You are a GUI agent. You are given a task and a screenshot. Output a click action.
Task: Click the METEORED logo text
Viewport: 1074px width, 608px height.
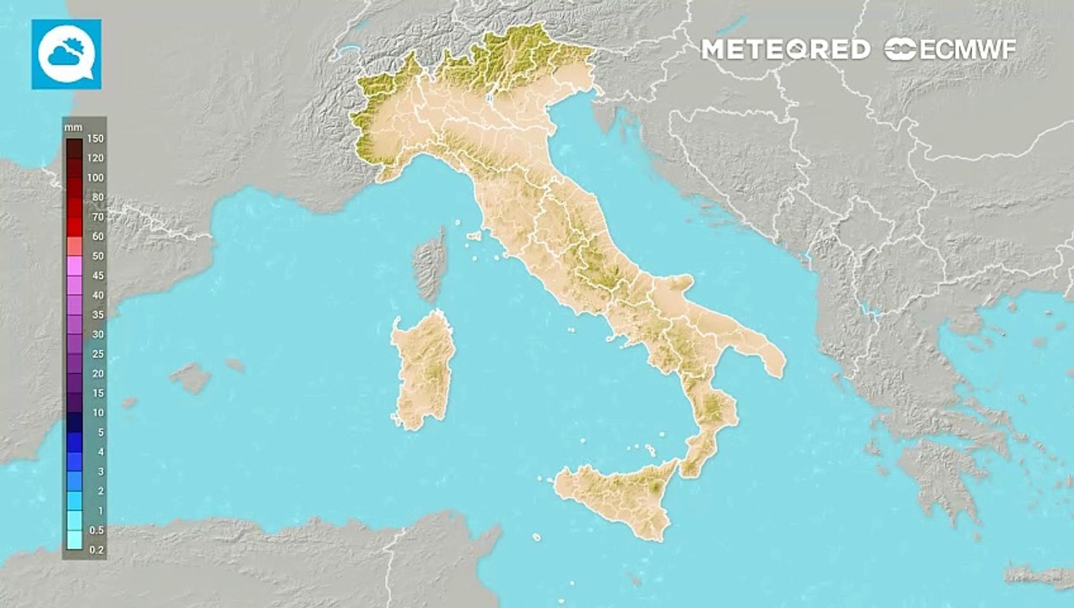click(x=785, y=49)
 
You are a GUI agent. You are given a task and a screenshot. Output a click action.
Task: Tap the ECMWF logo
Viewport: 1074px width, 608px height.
click(x=951, y=49)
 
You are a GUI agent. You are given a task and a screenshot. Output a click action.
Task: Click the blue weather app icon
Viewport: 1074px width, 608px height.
click(x=67, y=54)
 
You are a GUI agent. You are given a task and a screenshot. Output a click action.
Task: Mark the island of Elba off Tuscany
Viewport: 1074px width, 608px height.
click(x=475, y=236)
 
